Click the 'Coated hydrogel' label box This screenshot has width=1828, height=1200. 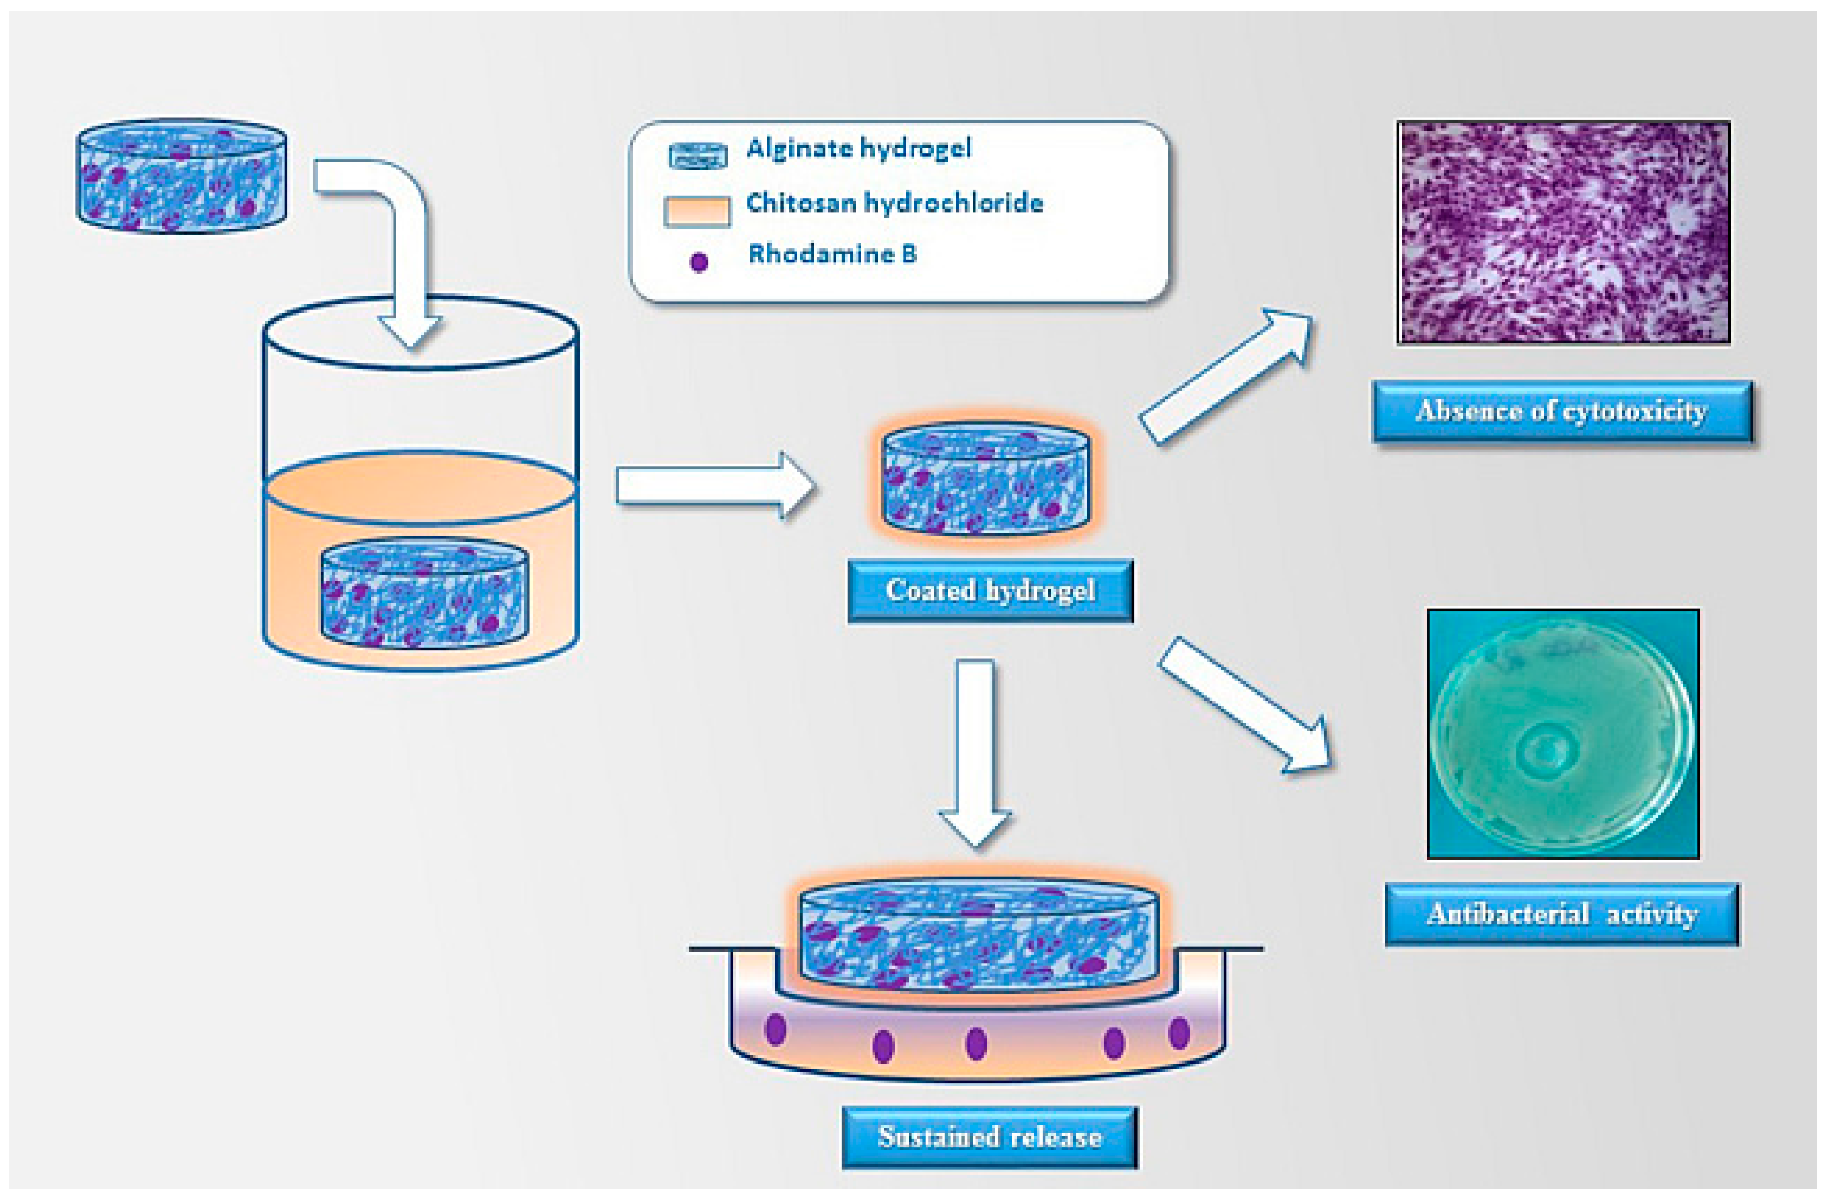coord(989,590)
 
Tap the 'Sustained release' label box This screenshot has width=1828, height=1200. coord(989,1137)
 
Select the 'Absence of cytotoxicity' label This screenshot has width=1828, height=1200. coord(1561,411)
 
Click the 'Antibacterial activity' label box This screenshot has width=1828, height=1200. coord(1561,914)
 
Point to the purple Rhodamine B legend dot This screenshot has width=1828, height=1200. coord(698,262)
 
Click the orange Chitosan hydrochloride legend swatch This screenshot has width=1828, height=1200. coord(697,211)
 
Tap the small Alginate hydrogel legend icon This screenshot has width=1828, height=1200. coord(697,156)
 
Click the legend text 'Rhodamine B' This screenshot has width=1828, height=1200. coord(833,254)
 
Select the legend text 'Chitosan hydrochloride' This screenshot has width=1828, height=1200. coord(894,204)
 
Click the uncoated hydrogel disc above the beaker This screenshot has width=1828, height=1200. coord(182,175)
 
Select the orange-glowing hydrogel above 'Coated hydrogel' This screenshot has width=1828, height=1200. coord(985,478)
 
